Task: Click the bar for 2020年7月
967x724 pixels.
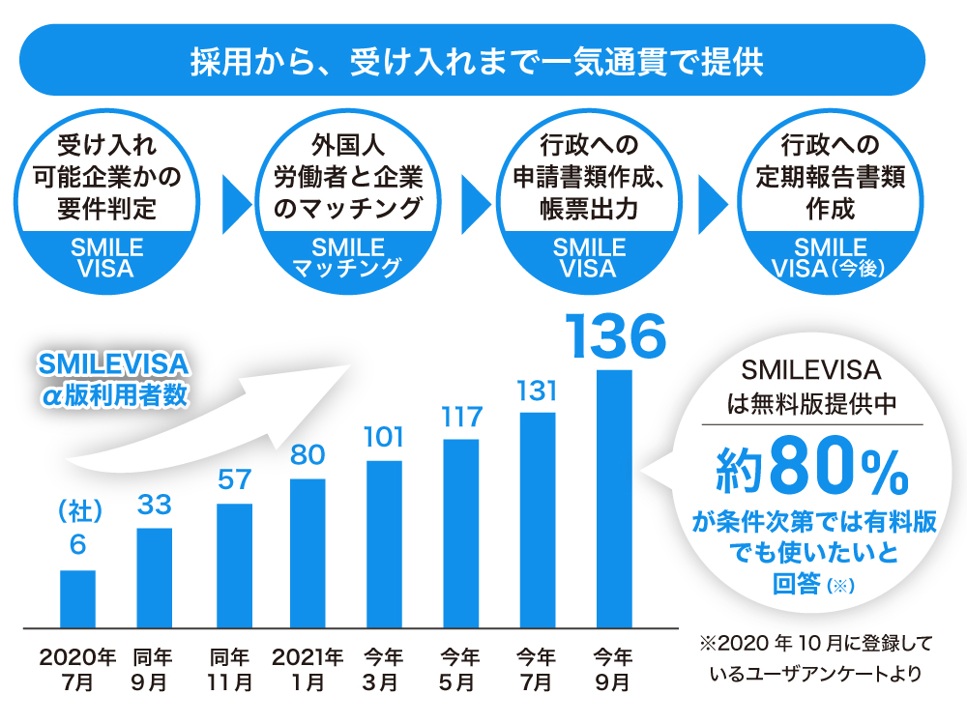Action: coord(77,599)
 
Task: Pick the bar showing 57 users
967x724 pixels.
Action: coord(234,565)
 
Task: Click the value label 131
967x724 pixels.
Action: coord(538,391)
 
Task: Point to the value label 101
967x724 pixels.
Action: coord(383,437)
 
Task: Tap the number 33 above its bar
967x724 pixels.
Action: coord(155,506)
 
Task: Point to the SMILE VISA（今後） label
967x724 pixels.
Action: coord(830,257)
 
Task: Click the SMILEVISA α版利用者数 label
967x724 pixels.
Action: coord(114,379)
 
